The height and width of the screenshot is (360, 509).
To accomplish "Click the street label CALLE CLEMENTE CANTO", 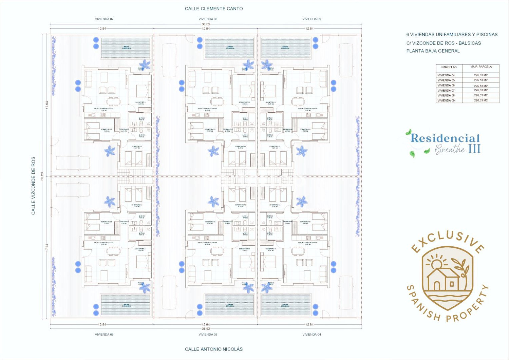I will pos(214,9).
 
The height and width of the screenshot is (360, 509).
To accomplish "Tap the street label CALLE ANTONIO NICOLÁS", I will pos(214,349).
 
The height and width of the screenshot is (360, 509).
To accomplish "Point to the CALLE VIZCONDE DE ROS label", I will pos(33,186).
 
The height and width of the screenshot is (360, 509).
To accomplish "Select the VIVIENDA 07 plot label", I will pos(104,19).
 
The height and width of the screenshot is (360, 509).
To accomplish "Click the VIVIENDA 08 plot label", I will pos(208,19).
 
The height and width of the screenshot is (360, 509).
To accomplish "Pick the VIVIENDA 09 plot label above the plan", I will pos(312,19).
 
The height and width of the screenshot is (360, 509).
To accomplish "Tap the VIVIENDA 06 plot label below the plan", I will pos(104,334).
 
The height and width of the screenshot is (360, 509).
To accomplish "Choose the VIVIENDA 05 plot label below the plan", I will pos(208,334).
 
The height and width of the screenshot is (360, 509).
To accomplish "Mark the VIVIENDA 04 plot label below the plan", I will pos(312,334).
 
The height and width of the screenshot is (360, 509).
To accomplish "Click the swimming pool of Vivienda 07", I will pos(126,48).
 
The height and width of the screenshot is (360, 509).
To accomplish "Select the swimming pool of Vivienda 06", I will pos(126,305).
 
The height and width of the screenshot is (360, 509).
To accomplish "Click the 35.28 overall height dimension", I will pos(42,176).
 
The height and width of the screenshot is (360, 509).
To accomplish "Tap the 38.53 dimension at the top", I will pos(206,24).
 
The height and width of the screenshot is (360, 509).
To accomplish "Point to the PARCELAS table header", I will pos(449,67).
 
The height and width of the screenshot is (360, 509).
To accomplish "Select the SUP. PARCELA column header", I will pos(481,67).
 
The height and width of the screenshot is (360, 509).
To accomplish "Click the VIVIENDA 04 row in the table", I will pos(446,75).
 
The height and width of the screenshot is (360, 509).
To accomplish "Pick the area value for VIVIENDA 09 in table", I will pos(481,100).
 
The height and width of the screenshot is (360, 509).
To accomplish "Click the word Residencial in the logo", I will pos(445,138).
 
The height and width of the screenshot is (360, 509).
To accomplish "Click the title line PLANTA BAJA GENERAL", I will pos(433,51).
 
